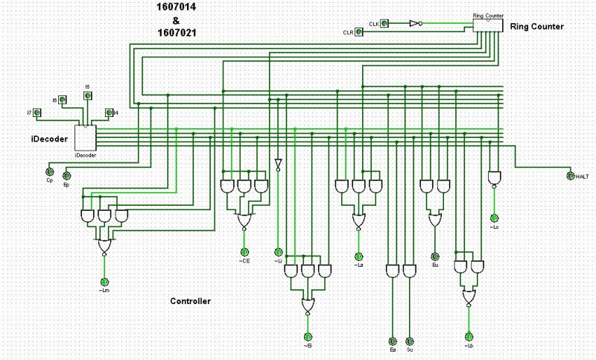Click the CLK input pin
(384, 24)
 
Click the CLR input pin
(358, 33)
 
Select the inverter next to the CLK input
(414, 24)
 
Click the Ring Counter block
(487, 24)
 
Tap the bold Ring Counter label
(536, 27)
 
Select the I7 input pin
(36, 113)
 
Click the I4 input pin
(109, 113)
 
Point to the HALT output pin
(571, 176)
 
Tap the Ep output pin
(66, 176)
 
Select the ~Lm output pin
(104, 280)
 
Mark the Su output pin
(409, 340)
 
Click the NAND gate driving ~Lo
(493, 178)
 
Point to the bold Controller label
(190, 301)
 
